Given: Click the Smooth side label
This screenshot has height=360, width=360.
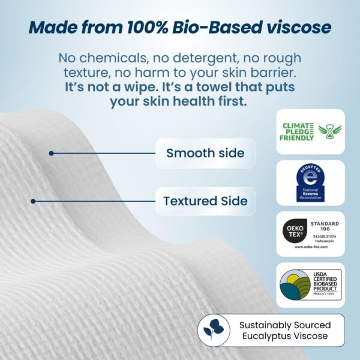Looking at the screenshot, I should click(x=205, y=153).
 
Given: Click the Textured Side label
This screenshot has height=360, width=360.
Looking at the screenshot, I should click(x=205, y=201).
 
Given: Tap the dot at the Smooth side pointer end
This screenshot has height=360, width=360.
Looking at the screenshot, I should click(x=52, y=153).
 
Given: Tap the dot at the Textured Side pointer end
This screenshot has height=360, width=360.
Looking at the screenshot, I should click(x=34, y=201).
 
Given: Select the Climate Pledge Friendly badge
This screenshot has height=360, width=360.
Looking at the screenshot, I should click(x=310, y=131).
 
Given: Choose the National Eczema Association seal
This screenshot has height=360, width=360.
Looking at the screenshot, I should click(x=310, y=182).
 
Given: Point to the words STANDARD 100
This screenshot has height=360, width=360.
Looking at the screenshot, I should click(x=325, y=227).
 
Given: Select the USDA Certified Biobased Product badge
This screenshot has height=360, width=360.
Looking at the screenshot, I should click(x=310, y=284).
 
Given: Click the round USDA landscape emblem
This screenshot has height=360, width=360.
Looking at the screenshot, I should click(x=293, y=285).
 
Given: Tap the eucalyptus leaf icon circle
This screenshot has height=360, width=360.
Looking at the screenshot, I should click(x=214, y=330).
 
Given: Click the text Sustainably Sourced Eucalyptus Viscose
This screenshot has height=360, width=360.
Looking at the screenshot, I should click(x=284, y=330).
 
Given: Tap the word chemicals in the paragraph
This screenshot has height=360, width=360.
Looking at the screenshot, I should click(x=112, y=58).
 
